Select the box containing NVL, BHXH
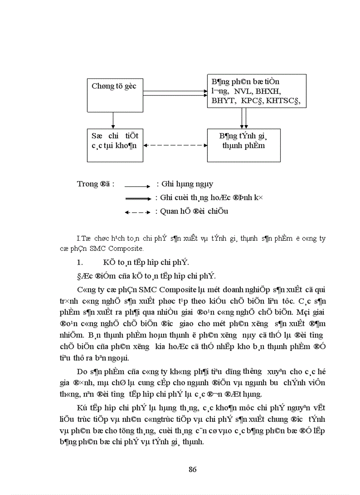257,91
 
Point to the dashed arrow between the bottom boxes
175,145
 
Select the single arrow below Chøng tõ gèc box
113,120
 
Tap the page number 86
192,469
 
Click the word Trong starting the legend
87,184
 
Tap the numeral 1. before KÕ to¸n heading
80,263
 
